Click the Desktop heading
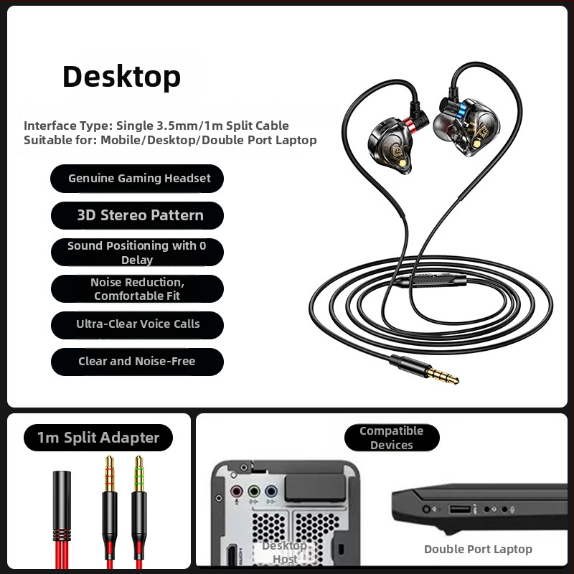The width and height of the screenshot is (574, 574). [x=121, y=77]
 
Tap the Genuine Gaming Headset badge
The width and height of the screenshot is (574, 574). [x=137, y=179]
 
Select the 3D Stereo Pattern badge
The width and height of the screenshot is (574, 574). [x=137, y=215]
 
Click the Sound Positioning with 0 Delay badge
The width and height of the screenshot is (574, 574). [x=137, y=253]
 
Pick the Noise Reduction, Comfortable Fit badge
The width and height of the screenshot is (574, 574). [x=137, y=289]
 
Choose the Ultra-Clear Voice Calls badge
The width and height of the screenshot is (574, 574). [x=137, y=325]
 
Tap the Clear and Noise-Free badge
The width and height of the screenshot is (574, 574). [x=137, y=362]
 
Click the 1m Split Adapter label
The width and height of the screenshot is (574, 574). [x=98, y=438]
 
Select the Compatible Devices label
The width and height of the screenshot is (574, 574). [x=392, y=438]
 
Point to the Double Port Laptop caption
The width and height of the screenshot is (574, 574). [x=478, y=549]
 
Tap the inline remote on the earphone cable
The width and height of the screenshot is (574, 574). [x=432, y=281]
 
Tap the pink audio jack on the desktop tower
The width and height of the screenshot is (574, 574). [x=236, y=491]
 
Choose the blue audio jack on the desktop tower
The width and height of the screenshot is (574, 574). [x=271, y=491]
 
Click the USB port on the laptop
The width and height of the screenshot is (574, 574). [x=460, y=509]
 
